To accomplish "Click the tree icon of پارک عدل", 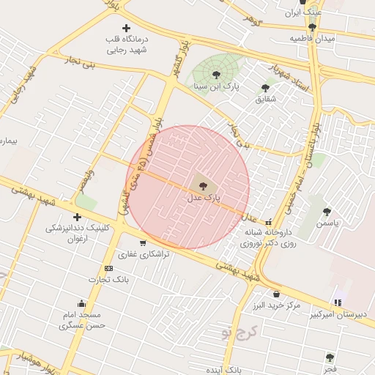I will click(x=203, y=186).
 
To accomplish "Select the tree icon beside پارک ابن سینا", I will click(x=215, y=74).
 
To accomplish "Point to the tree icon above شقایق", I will click(x=265, y=88).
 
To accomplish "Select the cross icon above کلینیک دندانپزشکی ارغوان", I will click(x=77, y=217).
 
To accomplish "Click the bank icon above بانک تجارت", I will click(x=108, y=269).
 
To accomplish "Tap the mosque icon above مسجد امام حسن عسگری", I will click(x=81, y=304).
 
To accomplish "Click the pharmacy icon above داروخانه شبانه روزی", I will click(x=268, y=222).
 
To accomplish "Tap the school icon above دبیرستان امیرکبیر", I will click(x=337, y=302).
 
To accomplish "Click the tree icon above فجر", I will click(x=330, y=357).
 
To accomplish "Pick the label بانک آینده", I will click(x=225, y=370).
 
